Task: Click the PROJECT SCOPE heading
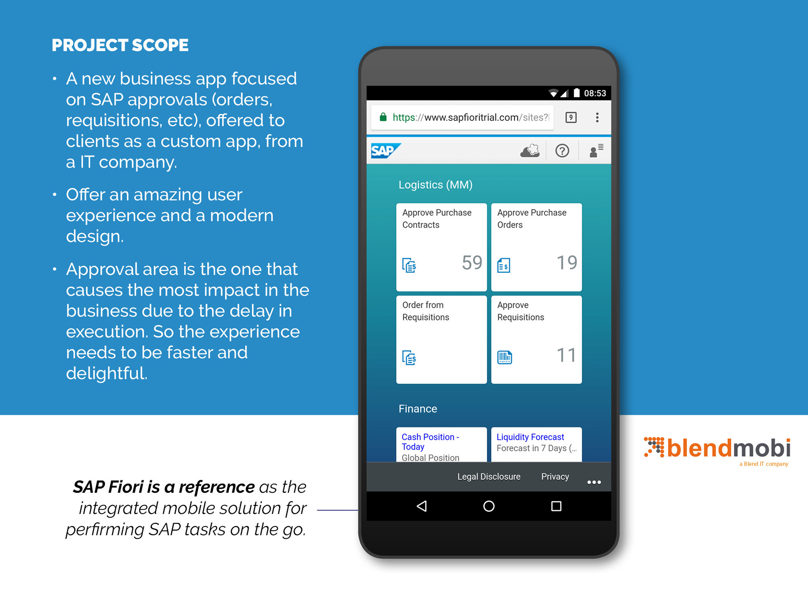(120, 45)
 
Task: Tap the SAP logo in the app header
(385, 151)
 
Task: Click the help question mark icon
(562, 151)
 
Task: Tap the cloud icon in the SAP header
(530, 151)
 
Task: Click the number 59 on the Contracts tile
(472, 263)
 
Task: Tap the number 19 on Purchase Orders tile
(567, 263)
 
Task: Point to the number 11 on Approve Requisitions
(566, 355)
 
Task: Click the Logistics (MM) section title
(436, 185)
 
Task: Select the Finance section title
(418, 409)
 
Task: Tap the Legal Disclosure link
(489, 476)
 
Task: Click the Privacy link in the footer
(555, 476)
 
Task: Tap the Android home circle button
(489, 506)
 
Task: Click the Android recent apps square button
(556, 506)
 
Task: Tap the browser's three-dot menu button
(597, 117)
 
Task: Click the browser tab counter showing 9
(571, 117)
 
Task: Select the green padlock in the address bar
(383, 117)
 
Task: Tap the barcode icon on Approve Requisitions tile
(505, 357)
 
